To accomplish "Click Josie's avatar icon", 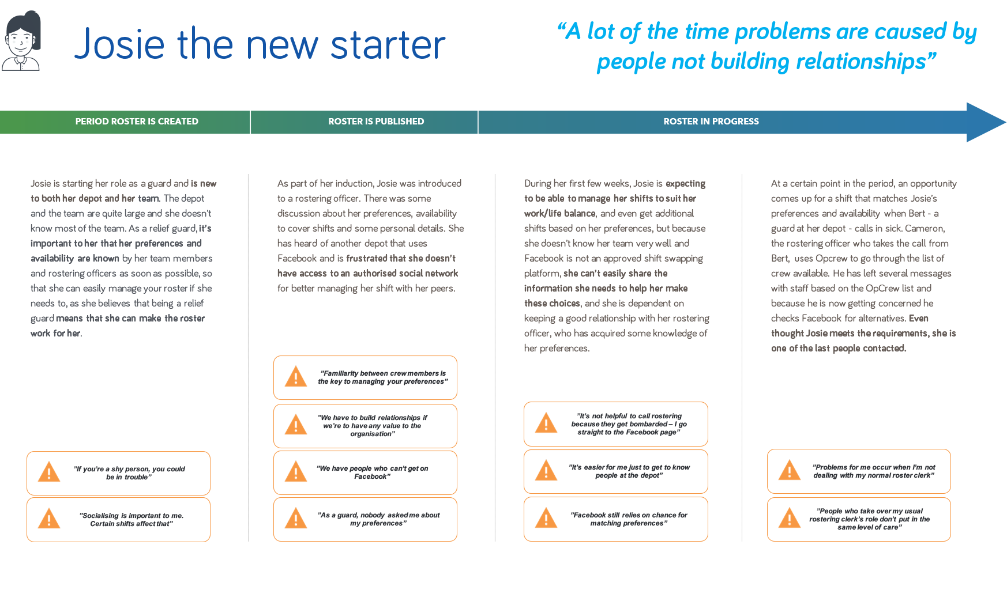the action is point(21,41).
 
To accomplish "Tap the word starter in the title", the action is point(388,44).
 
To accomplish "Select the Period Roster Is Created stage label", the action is point(137,122).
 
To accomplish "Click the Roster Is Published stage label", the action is point(376,122).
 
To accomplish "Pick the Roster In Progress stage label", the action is point(711,122).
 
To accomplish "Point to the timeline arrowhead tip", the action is point(1006,122).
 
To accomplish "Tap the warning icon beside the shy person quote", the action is point(49,472).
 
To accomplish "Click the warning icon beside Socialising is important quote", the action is point(49,519).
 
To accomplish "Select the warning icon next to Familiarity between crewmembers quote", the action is point(296,377).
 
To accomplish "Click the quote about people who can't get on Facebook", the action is point(373,472).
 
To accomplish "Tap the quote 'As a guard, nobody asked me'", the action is point(378,519).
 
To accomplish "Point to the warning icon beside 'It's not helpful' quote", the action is point(546,423).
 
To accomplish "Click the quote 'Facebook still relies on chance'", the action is point(629,519).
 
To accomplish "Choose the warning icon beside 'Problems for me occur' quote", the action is point(790,470).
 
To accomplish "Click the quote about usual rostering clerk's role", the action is point(870,519).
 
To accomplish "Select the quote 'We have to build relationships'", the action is point(373,426).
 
